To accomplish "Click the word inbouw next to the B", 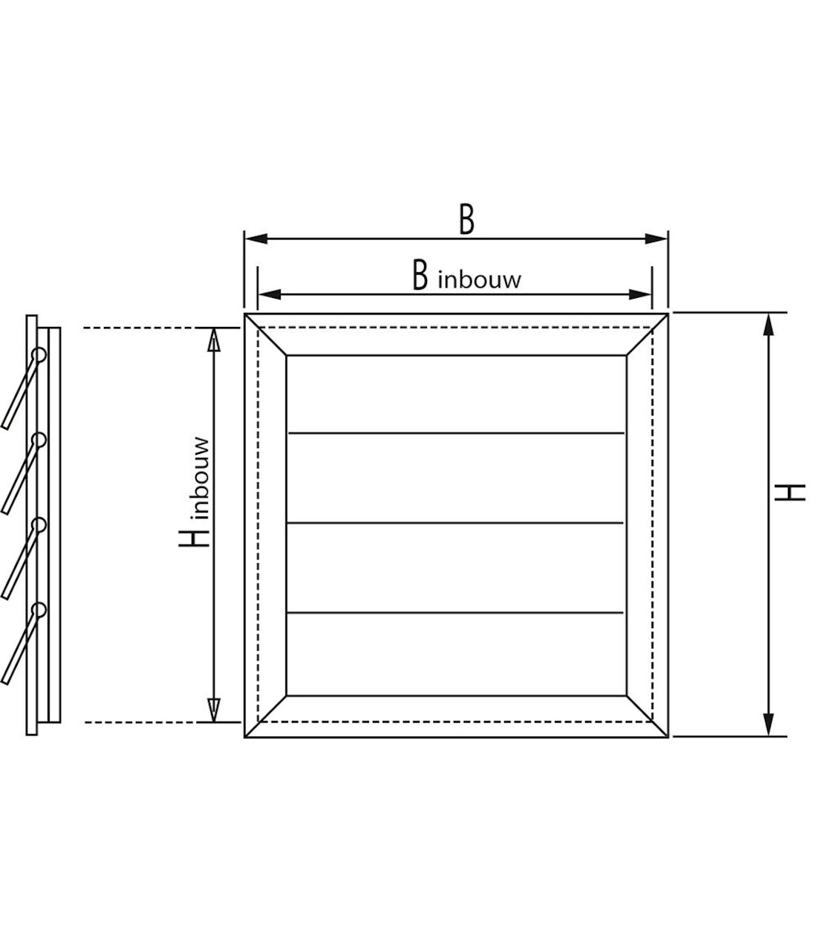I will (480, 280).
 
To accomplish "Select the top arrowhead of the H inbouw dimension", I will (214, 338).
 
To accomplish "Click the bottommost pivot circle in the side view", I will (38, 611).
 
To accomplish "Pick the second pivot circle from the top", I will (38, 441).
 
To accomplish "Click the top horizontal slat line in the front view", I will (456, 432).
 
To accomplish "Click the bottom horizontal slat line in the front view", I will (456, 612).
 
